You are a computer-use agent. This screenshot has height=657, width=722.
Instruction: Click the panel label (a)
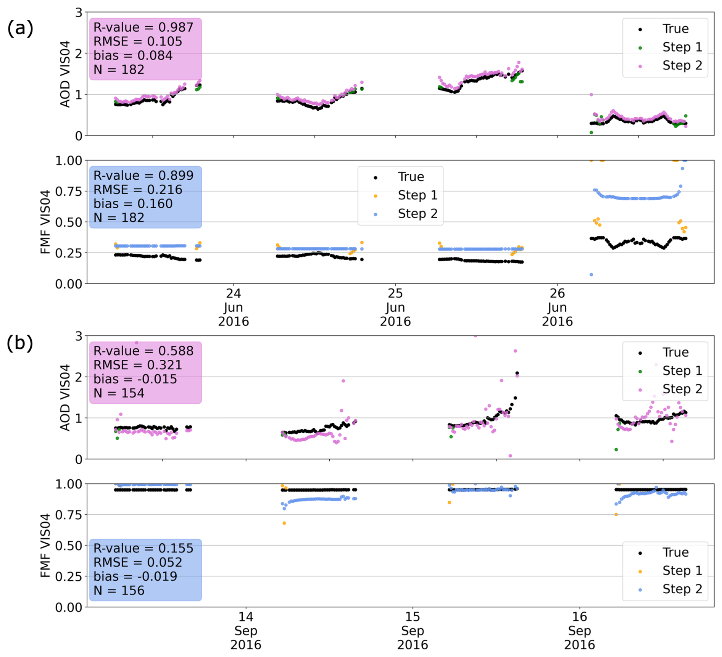click(20, 28)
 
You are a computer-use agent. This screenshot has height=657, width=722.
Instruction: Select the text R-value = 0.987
click(143, 27)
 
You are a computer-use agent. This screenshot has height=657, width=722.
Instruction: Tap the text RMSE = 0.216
click(138, 190)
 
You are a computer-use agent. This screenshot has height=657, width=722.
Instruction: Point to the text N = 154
click(119, 393)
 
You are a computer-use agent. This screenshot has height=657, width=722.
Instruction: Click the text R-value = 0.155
click(143, 548)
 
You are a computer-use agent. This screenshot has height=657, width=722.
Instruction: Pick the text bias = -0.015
click(135, 379)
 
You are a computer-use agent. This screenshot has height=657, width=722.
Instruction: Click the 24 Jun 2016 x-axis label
click(234, 308)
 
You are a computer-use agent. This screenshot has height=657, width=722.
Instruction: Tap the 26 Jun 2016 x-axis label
click(557, 308)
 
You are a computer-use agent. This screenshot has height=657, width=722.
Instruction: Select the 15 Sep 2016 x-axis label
click(413, 631)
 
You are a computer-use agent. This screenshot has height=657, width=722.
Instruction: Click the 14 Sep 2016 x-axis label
click(246, 631)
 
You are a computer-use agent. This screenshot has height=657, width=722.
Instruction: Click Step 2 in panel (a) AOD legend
click(682, 65)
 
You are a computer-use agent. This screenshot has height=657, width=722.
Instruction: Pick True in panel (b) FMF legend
click(676, 552)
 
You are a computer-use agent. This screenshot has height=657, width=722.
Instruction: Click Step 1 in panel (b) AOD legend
click(682, 370)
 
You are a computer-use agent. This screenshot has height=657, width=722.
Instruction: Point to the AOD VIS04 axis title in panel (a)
click(65, 74)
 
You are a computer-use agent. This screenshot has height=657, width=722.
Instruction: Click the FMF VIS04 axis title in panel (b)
click(45, 546)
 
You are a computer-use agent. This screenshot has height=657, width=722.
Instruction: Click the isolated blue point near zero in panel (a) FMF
click(591, 275)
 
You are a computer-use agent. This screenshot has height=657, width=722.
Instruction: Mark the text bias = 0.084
click(133, 55)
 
